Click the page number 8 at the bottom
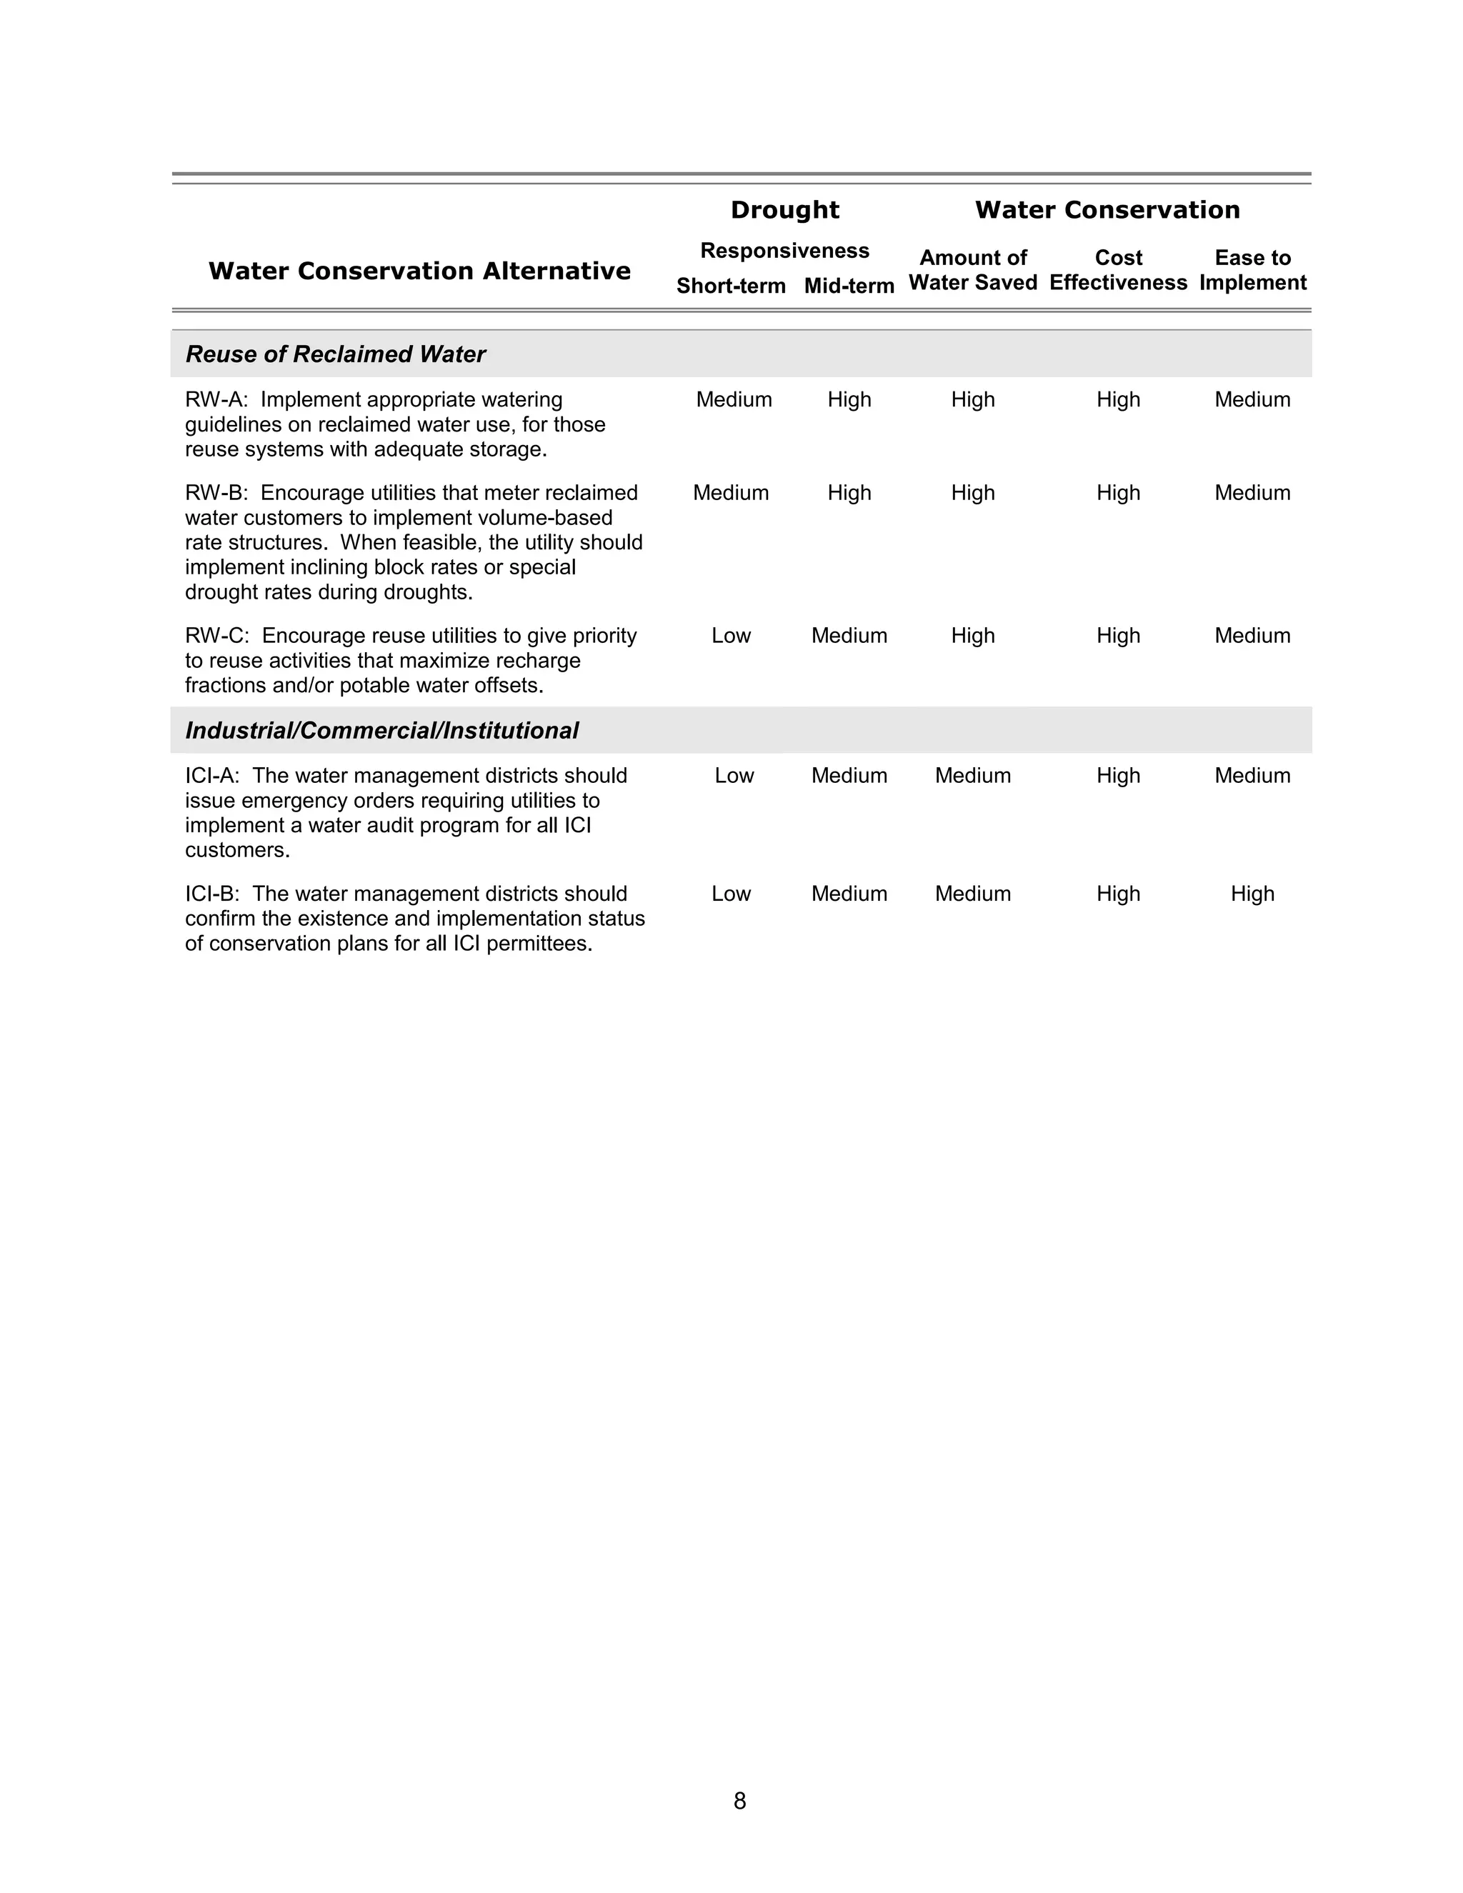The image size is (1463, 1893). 739,1801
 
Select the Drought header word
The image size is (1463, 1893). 784,210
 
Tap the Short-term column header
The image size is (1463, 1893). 731,286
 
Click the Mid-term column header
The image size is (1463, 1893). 849,286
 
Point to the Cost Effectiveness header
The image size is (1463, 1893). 1118,271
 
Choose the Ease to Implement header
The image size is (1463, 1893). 1252,271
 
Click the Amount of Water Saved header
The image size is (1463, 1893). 972,271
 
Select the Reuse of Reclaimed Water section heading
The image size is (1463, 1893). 336,354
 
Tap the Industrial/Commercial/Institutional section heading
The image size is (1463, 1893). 381,731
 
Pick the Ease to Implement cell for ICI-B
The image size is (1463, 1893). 1252,894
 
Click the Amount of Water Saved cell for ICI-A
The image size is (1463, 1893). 972,776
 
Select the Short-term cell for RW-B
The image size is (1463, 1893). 731,493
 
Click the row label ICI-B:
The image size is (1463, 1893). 211,894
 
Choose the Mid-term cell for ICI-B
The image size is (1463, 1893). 849,894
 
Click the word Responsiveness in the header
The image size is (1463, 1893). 784,251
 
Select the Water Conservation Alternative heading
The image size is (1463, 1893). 419,271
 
